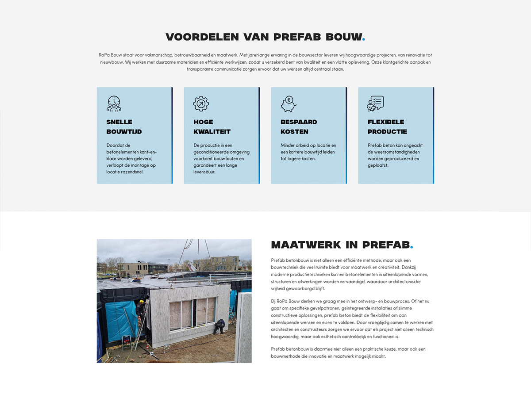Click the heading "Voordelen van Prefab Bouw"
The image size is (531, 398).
coord(265,37)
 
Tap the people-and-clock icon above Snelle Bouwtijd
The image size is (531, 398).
coord(114,103)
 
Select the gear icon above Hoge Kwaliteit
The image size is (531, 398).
coord(201,103)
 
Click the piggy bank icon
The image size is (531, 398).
coord(288,104)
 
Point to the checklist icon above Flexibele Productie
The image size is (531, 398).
coord(375,103)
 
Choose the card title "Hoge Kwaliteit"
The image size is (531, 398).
coord(212,127)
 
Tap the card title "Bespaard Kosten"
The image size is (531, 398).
coord(299,127)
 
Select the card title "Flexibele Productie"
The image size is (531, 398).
coord(387,127)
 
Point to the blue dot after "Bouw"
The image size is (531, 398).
coord(364,39)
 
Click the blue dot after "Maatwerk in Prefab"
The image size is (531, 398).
coord(412,247)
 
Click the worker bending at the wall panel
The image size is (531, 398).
coord(219,326)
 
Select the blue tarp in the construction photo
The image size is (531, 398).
coord(120,320)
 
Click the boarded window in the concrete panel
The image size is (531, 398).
coord(182,315)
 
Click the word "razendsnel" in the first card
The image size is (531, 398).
coord(131,172)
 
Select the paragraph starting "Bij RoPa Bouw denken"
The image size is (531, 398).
coord(352,319)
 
